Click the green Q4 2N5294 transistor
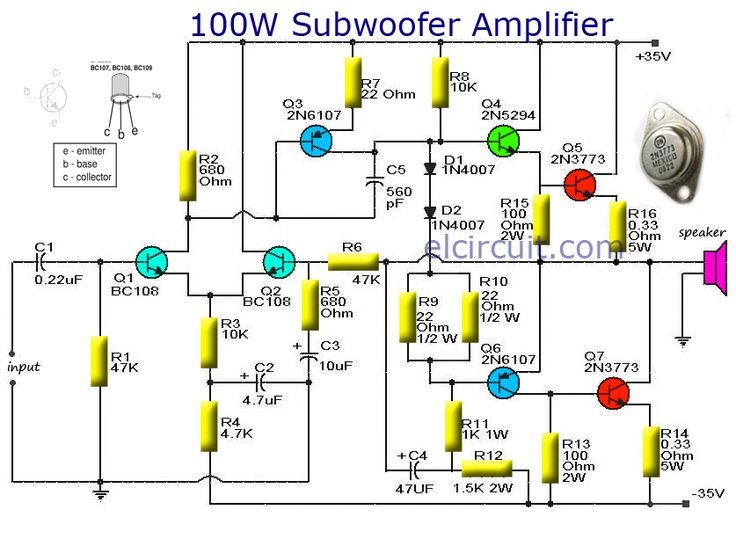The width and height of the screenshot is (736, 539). pos(503,140)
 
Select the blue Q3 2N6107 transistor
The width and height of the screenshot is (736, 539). pos(316,141)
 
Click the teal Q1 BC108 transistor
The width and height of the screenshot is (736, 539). pos(151,262)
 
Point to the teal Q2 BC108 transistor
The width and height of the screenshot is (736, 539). pos(279,262)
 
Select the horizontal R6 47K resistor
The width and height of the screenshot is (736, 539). pos(352,262)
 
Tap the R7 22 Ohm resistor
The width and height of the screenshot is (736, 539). pos(352,82)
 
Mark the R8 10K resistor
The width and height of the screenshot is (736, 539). pos(439,82)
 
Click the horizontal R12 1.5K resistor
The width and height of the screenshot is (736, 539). pos(487,468)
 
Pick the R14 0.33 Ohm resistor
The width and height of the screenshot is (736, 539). pos(648,452)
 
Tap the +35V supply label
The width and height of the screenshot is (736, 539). pos(654,56)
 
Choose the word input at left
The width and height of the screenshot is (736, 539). pos(24,367)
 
